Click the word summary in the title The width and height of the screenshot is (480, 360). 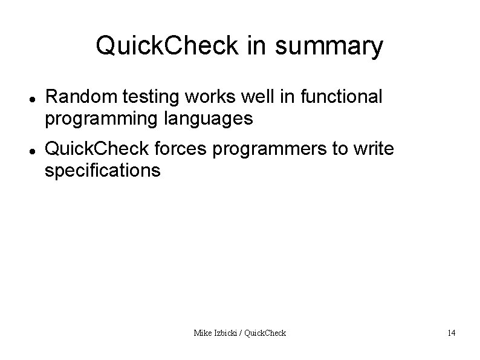(x=330, y=47)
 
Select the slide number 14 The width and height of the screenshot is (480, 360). (x=452, y=332)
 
